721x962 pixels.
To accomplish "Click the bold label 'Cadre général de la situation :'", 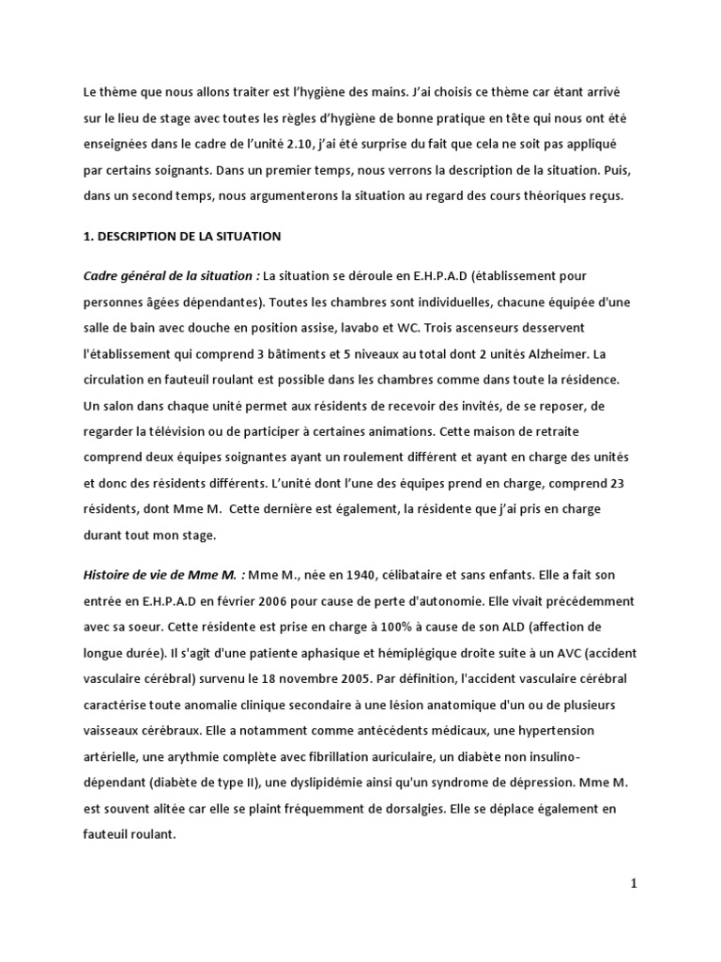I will (172, 276).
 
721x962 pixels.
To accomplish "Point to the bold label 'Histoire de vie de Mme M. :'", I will (164, 573).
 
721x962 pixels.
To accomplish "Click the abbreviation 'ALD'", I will (524, 626).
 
